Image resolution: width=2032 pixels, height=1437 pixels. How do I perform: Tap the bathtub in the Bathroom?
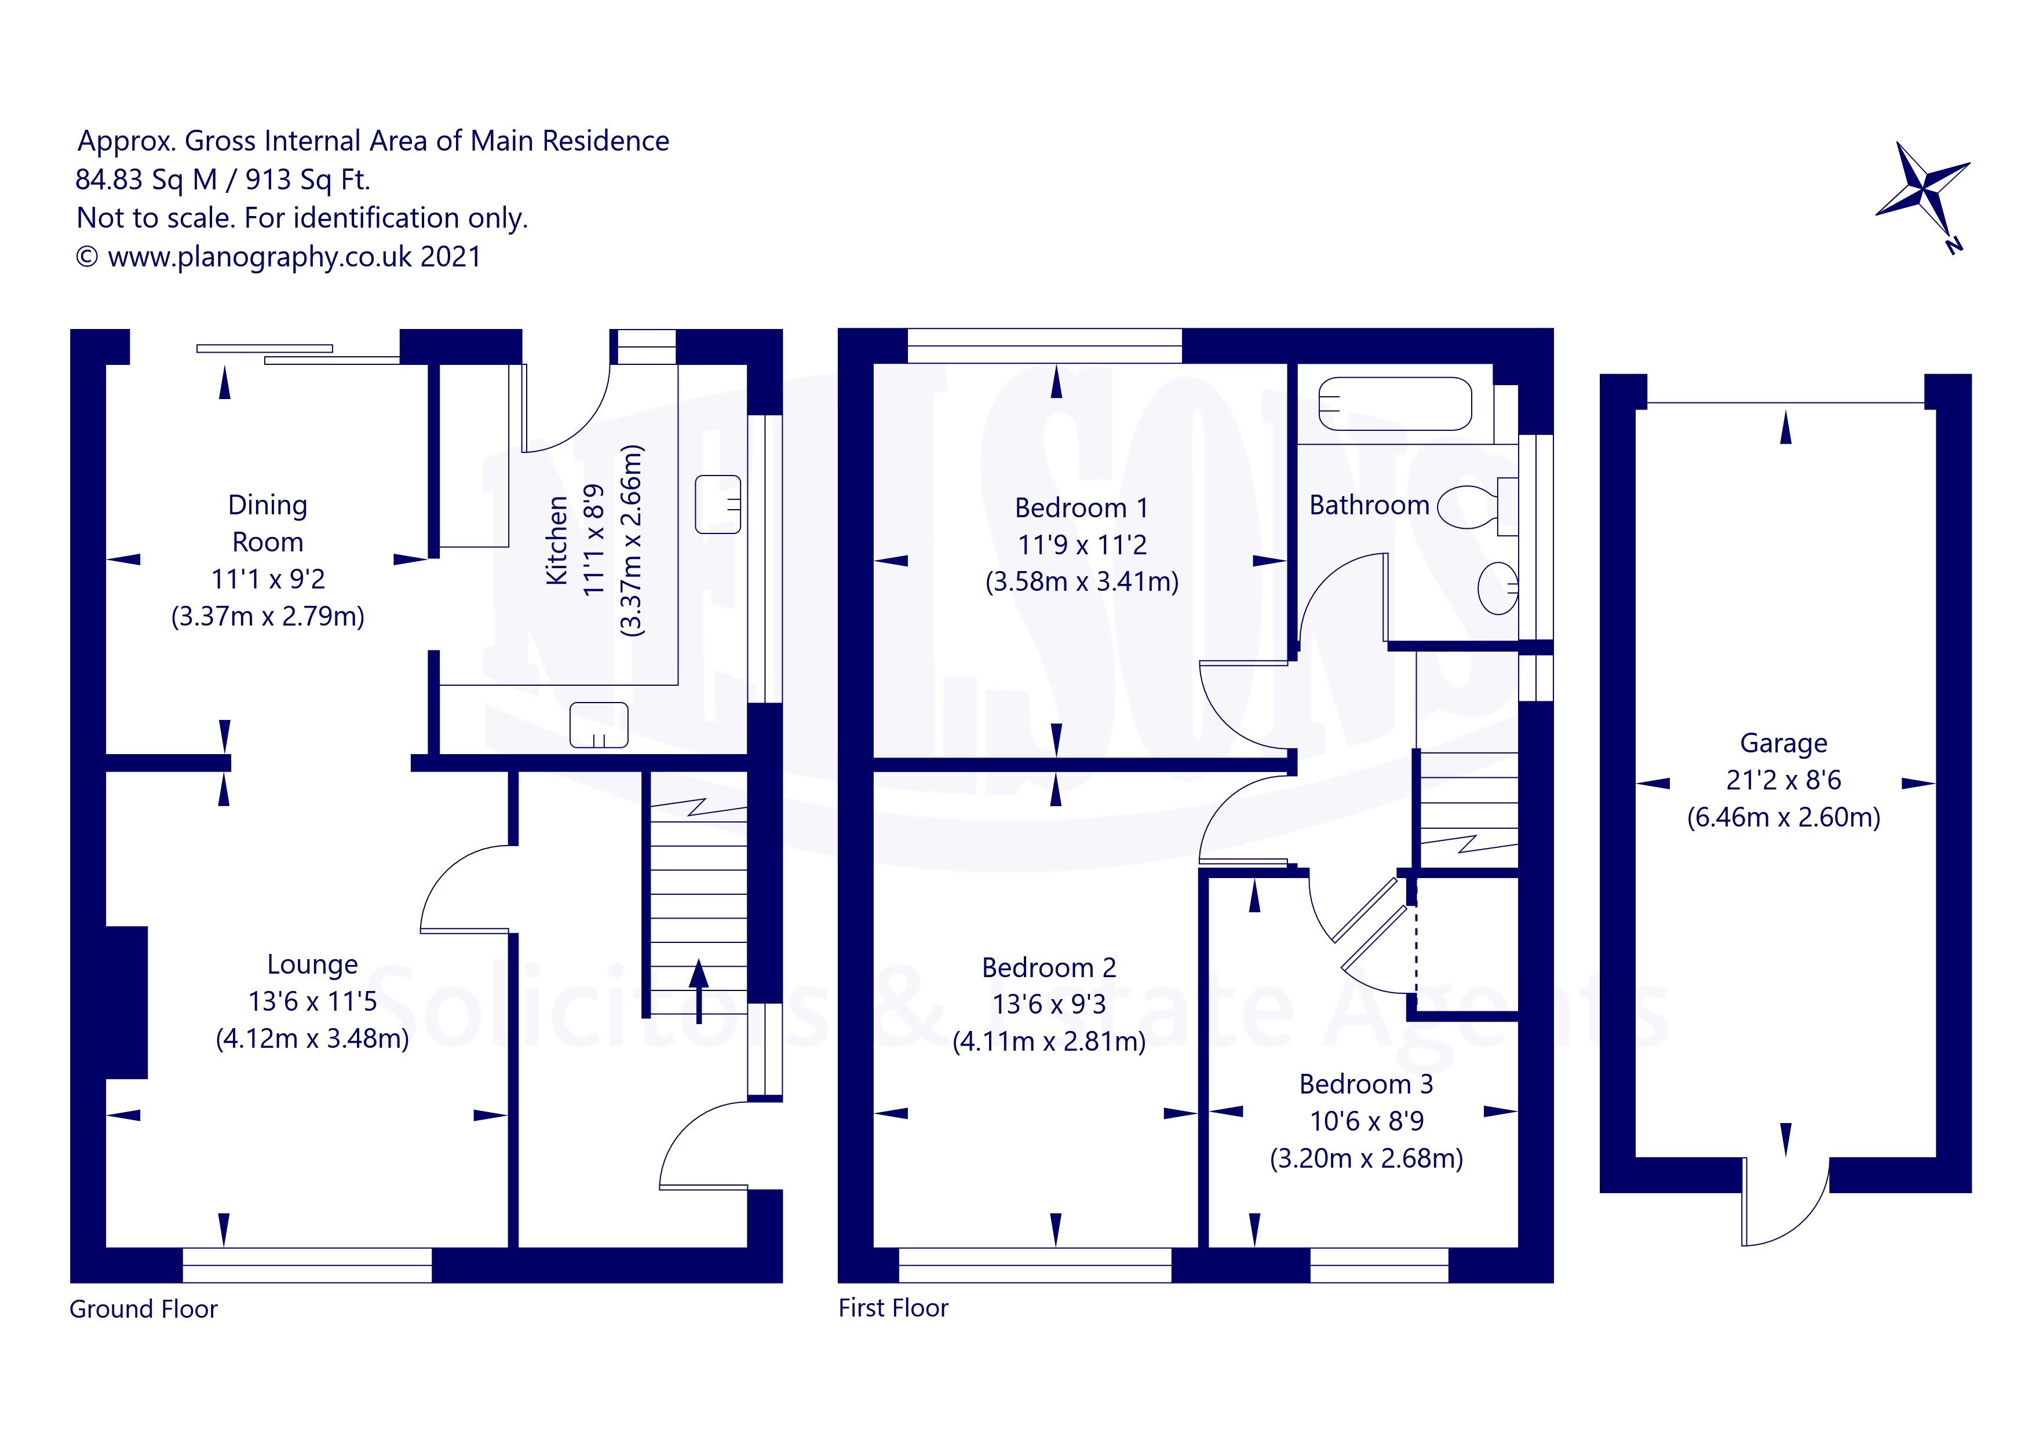point(1394,404)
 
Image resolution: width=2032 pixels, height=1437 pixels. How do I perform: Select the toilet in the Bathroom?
point(1471,507)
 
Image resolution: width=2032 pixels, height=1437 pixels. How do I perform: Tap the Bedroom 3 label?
point(1366,1084)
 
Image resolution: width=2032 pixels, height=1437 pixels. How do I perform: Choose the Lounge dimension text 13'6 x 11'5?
point(312,1001)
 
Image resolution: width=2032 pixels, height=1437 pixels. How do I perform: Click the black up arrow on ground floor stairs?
point(699,989)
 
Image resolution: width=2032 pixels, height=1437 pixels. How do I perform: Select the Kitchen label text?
point(557,540)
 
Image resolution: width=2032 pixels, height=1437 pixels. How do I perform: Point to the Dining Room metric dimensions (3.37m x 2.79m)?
point(267,616)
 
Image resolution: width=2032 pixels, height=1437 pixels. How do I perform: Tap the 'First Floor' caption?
point(893,1308)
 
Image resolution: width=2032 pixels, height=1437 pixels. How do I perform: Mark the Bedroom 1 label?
point(1081,508)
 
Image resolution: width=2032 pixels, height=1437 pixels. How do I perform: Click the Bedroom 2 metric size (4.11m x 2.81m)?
point(1049,1041)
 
